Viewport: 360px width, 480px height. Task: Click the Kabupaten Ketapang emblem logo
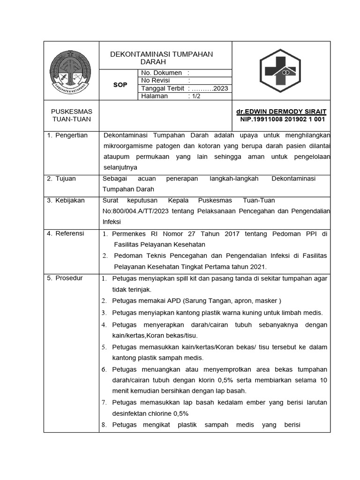point(71,71)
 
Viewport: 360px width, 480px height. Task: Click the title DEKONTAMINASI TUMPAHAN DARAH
point(161,58)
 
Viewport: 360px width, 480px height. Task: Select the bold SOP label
point(120,85)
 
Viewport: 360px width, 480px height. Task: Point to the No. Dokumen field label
point(161,73)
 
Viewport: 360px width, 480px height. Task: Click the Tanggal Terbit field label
point(163,89)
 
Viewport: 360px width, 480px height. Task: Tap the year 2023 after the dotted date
point(220,89)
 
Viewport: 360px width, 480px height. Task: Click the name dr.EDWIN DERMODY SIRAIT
point(281,112)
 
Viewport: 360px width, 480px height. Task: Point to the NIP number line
point(283,119)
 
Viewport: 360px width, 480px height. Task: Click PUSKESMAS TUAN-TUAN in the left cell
point(71,115)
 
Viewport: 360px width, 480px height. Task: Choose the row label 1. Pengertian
point(67,135)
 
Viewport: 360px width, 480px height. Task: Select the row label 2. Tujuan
point(61,179)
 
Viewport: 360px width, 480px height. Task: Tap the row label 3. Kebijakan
point(66,200)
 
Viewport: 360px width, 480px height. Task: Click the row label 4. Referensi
point(66,233)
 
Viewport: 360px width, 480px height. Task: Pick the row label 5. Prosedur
point(65,278)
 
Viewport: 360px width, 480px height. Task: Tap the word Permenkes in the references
point(130,233)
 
